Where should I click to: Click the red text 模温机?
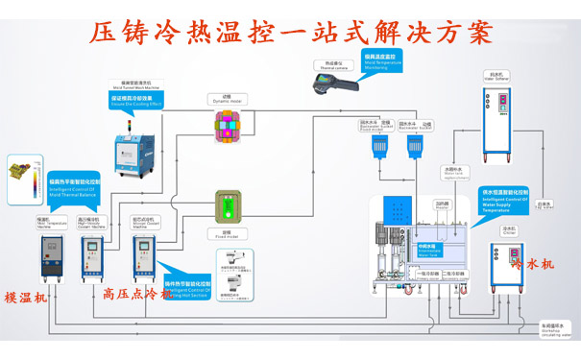point(25,297)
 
